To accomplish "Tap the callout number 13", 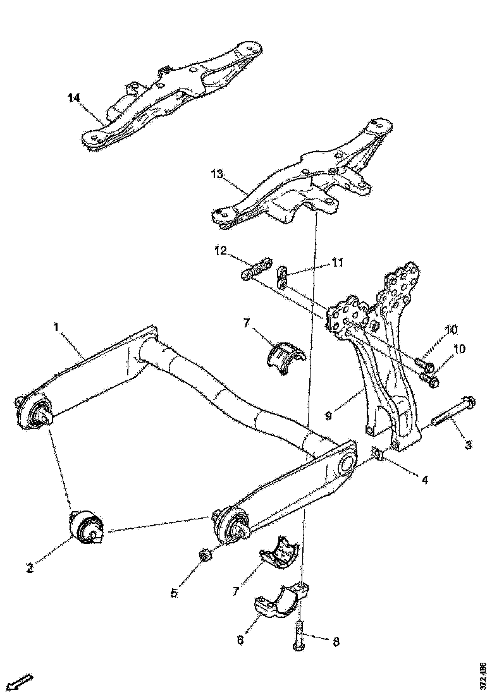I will pyautogui.click(x=217, y=174).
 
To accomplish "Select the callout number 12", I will pyautogui.click(x=219, y=251).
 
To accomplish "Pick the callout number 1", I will pyautogui.click(x=56, y=328).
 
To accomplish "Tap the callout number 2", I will pyautogui.click(x=29, y=567).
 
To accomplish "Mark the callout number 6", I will pyautogui.click(x=240, y=639).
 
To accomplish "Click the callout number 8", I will pyautogui.click(x=336, y=641).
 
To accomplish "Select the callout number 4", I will pyautogui.click(x=425, y=480).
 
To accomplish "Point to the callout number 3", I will pyautogui.click(x=468, y=445).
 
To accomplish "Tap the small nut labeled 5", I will pyautogui.click(x=205, y=555).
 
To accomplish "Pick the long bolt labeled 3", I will pyautogui.click(x=452, y=413).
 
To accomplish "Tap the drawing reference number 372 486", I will pyautogui.click(x=483, y=675).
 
